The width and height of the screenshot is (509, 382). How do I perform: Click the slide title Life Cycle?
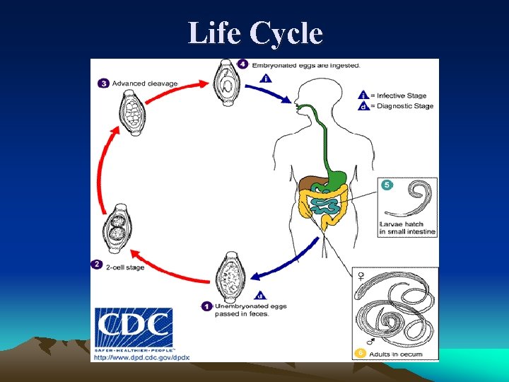tap(255, 33)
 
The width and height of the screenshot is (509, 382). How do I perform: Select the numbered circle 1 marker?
tap(206, 306)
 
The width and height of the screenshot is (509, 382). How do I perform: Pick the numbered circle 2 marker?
tap(97, 265)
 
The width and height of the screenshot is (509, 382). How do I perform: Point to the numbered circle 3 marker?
tap(103, 83)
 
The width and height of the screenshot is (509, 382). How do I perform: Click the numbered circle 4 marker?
tap(242, 64)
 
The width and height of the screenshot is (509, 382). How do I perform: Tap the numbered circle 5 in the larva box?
tap(387, 185)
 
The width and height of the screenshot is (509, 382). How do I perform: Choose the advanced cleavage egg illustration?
tap(133, 112)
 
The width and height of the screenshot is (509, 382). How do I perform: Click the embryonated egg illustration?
tap(227, 83)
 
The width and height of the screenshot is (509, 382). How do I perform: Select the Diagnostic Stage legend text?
tap(405, 106)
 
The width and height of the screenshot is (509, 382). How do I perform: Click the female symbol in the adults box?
tap(362, 276)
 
